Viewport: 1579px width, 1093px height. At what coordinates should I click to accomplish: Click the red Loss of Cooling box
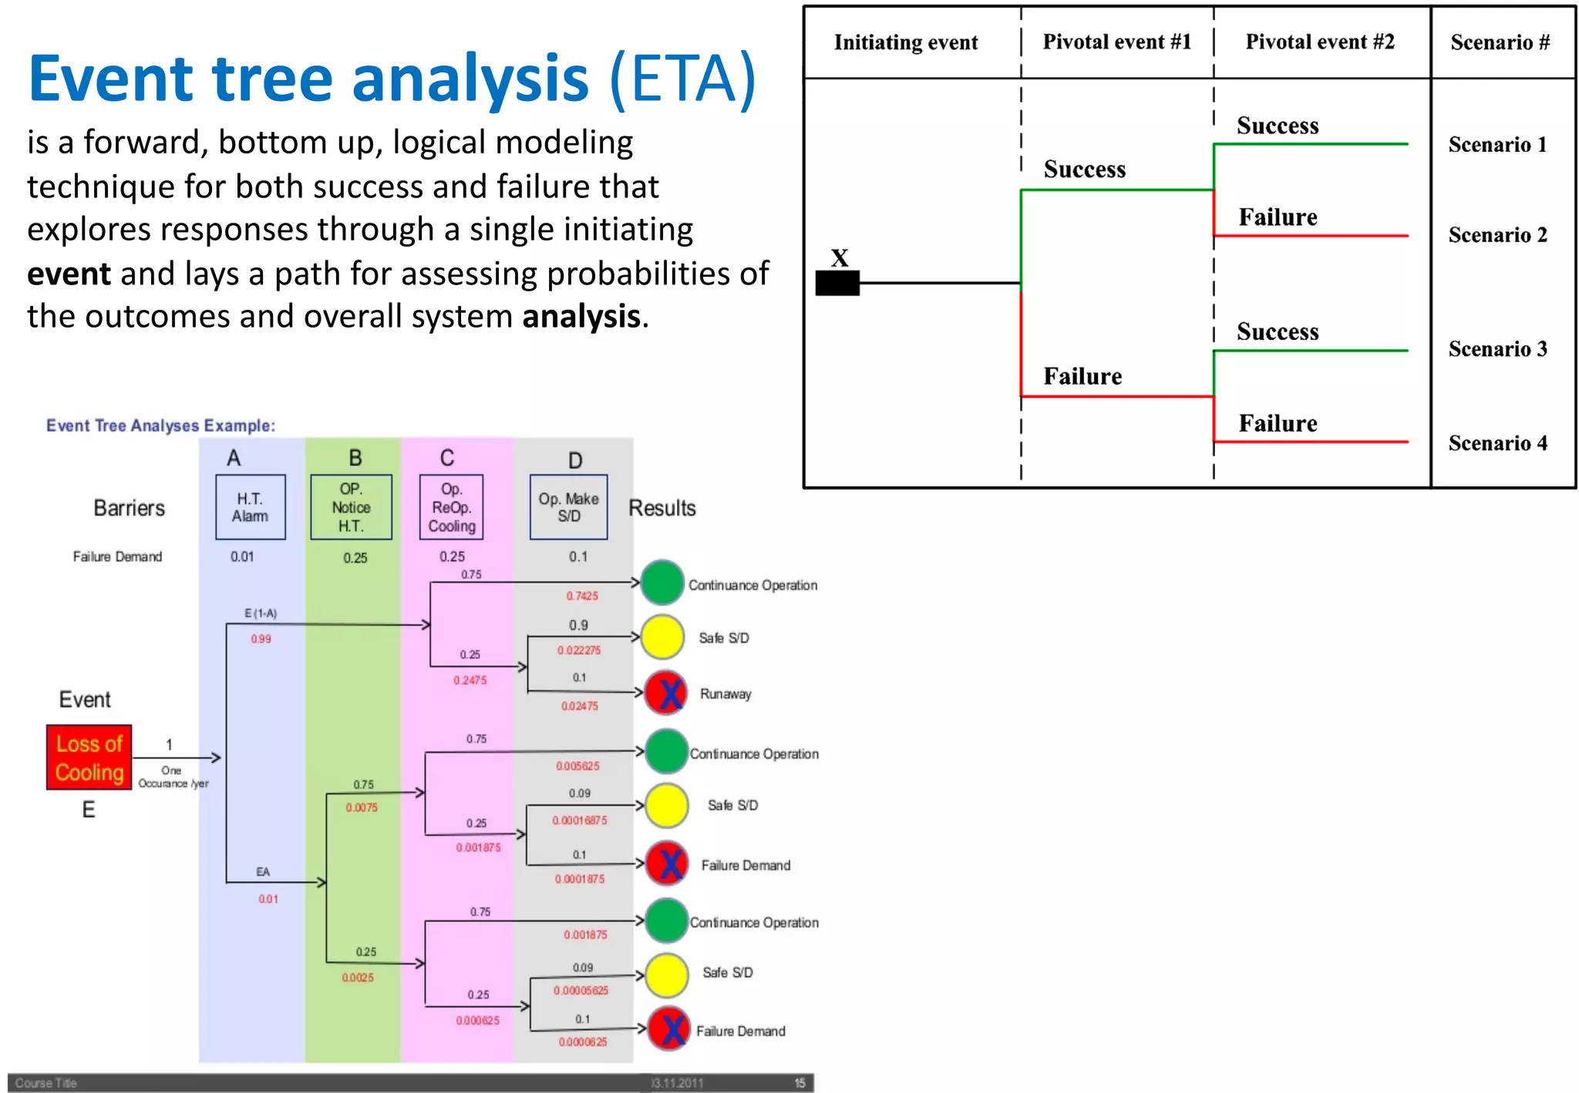click(89, 758)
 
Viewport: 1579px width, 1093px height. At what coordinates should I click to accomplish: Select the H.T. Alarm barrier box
click(251, 507)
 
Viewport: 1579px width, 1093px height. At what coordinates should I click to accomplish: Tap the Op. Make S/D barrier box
click(568, 507)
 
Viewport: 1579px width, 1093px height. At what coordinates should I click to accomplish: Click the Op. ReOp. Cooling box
click(452, 507)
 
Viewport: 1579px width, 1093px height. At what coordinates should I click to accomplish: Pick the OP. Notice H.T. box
click(351, 507)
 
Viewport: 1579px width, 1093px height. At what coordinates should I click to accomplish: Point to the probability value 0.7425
click(582, 596)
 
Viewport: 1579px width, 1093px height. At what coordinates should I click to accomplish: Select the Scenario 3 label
click(1497, 349)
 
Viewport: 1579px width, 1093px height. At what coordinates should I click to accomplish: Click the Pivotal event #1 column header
click(1116, 42)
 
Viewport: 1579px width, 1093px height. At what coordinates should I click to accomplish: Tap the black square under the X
click(837, 284)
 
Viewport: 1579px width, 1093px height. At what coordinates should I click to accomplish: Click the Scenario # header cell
click(1500, 42)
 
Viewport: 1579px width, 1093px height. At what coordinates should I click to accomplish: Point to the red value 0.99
click(261, 639)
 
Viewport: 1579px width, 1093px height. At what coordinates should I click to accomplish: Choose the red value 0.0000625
click(583, 1042)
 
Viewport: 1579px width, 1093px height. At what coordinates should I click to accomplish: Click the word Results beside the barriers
click(662, 508)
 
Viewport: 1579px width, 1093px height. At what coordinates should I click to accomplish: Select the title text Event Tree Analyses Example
click(160, 425)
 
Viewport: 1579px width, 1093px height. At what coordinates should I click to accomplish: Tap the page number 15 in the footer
click(800, 1083)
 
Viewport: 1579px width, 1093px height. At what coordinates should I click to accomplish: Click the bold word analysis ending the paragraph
click(581, 317)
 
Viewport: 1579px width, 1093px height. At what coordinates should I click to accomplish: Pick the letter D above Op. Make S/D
click(575, 461)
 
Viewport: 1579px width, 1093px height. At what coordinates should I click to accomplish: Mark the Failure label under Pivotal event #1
click(1082, 376)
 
